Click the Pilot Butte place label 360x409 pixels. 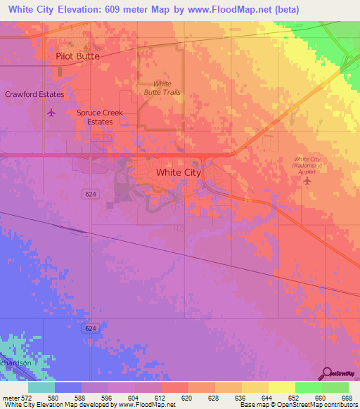(x=77, y=56)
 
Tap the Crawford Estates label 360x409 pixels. (x=34, y=94)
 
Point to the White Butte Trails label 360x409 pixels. (x=162, y=88)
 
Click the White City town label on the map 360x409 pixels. (x=178, y=172)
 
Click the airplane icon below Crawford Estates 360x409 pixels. (x=50, y=112)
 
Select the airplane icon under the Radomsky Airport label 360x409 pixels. (x=307, y=182)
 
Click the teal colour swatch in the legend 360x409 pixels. (x=41, y=387)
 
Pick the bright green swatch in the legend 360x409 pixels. (x=308, y=387)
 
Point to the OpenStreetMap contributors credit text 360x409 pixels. (x=326, y=405)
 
